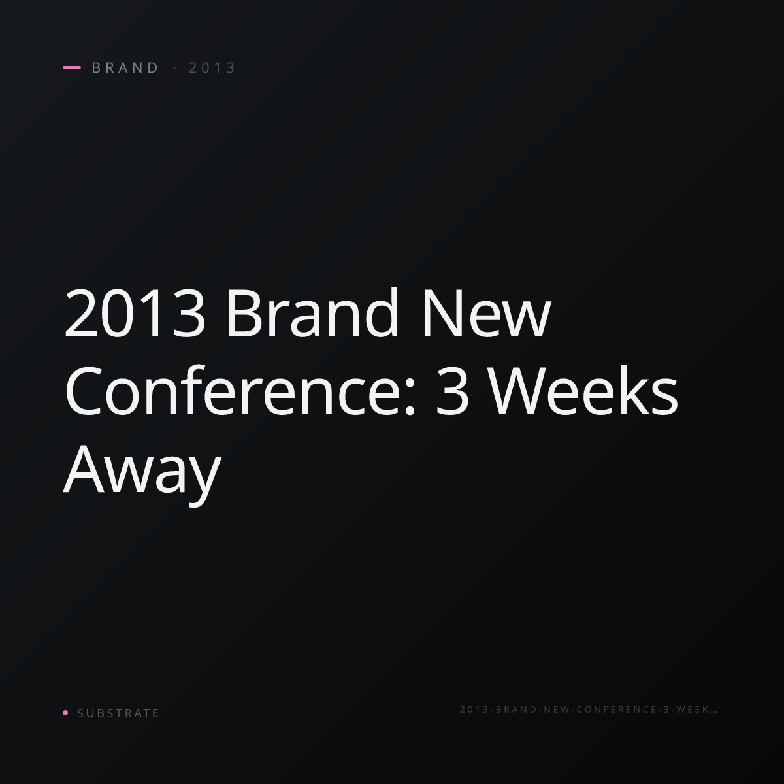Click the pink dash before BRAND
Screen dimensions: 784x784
(72, 67)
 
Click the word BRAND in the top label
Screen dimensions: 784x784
(125, 67)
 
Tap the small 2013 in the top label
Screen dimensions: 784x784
(212, 67)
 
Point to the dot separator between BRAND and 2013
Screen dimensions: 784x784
(175, 67)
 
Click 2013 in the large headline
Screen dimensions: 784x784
(135, 313)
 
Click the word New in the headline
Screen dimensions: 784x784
(487, 313)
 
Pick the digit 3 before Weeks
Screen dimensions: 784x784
(452, 391)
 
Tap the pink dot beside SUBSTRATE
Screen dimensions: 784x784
(65, 713)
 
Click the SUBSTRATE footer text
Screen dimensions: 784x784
(118, 713)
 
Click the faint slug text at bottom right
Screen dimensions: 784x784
(588, 710)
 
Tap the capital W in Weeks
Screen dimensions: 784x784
(517, 391)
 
